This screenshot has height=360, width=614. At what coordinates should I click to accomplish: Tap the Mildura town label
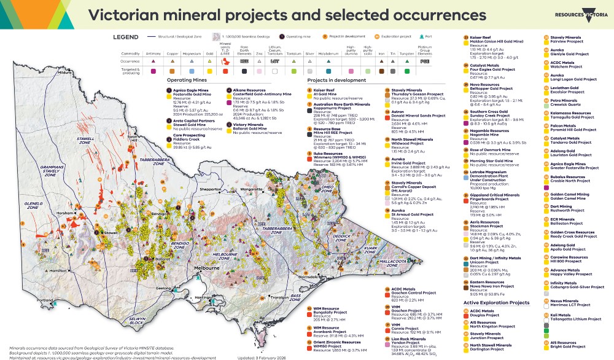tap(65, 72)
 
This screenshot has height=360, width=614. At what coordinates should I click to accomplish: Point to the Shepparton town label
tap(210, 190)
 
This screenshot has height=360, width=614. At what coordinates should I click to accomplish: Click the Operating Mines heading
tap(186, 80)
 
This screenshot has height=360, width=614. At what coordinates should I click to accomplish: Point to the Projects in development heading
tap(332, 80)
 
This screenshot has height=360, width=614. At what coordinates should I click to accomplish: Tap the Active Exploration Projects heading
tap(496, 303)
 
